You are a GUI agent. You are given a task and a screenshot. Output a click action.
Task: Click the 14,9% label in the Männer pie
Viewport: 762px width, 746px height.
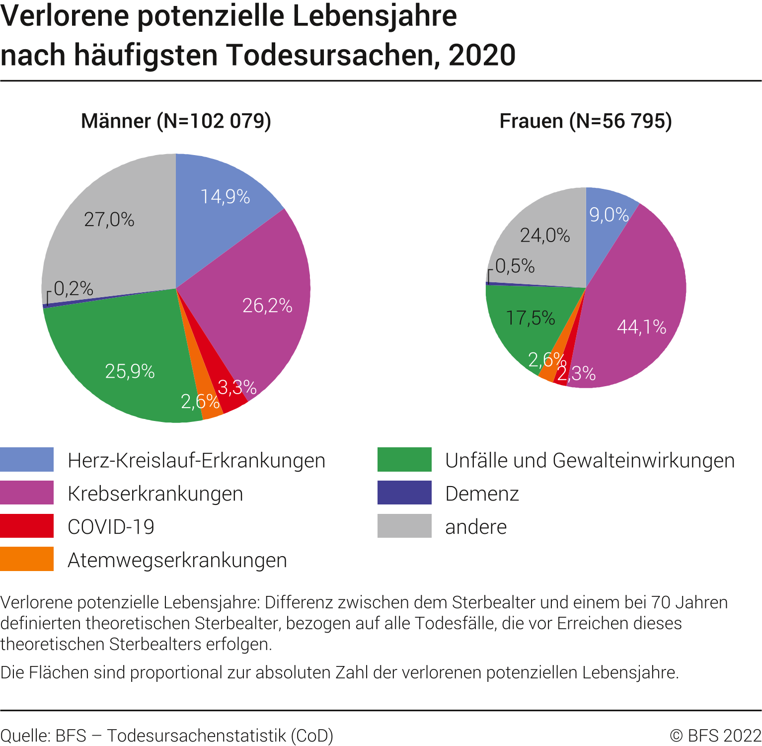[x=225, y=197]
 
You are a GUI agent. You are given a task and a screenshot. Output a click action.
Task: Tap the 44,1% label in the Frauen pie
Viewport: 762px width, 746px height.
[x=641, y=327]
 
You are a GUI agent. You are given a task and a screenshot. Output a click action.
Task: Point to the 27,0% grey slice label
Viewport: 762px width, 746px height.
[x=109, y=220]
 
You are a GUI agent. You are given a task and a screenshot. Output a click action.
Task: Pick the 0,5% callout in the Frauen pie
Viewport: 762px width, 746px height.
[x=515, y=266]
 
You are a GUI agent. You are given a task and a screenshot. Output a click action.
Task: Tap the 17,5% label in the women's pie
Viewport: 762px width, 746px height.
[x=530, y=318]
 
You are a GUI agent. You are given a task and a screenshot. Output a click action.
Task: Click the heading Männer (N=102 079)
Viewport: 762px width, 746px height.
[x=176, y=121]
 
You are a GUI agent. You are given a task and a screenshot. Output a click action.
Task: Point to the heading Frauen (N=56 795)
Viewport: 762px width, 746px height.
[x=586, y=121]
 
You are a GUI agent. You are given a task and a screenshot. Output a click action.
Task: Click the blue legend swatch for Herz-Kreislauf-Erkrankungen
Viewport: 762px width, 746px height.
[x=27, y=460]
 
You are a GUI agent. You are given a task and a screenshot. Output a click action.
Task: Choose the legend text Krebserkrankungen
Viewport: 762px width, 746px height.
[x=155, y=494]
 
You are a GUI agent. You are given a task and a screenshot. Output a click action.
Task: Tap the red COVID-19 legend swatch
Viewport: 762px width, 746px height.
[x=27, y=526]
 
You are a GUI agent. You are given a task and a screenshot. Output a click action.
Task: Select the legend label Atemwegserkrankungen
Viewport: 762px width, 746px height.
[x=177, y=560]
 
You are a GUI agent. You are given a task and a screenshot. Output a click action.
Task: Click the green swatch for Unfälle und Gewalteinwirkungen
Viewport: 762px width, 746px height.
[x=404, y=460]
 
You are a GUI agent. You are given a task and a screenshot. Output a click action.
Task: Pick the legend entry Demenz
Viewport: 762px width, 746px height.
[x=482, y=494]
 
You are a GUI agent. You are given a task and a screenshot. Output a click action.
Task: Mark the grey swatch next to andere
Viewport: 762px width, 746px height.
[x=404, y=526]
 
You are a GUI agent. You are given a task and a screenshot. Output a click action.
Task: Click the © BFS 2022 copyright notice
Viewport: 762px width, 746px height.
[x=715, y=736]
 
